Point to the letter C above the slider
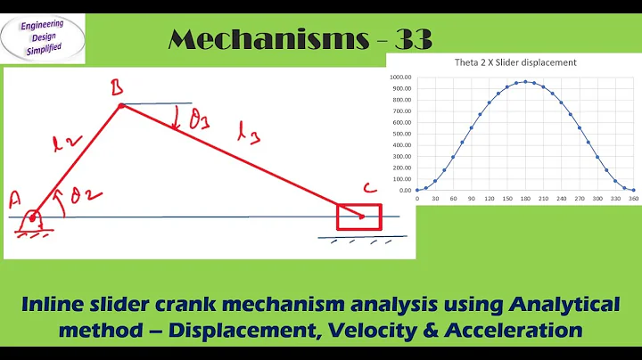(368, 188)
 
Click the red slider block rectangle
(358, 217)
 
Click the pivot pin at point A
(33, 217)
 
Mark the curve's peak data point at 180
(526, 82)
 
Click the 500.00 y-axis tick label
(403, 134)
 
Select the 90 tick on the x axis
(472, 200)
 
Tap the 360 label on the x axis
(633, 200)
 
